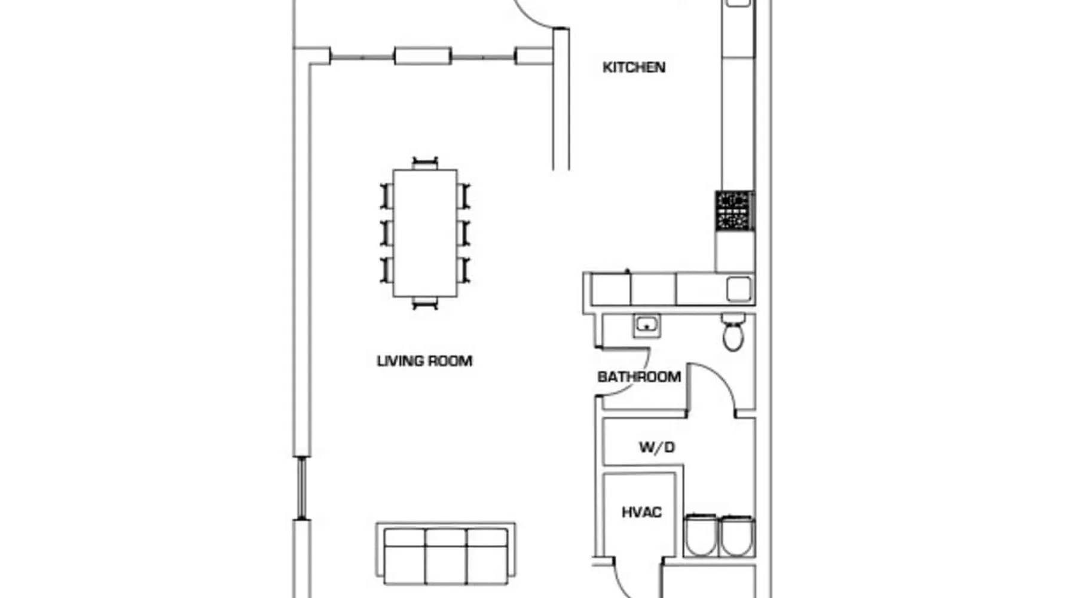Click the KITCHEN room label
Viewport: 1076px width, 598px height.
[634, 67]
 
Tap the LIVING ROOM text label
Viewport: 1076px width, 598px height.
[424, 361]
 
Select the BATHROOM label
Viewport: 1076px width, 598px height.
[639, 377]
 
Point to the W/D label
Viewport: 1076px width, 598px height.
[657, 447]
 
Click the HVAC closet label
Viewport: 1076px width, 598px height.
[641, 512]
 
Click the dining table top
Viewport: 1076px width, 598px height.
[425, 233]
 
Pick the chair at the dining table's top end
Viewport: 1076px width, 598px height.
[425, 163]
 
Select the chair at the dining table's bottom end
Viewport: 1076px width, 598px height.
[425, 303]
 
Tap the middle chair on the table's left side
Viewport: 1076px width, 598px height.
[387, 233]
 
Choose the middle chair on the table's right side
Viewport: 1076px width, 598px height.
[464, 233]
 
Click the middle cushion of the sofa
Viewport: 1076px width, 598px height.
[445, 556]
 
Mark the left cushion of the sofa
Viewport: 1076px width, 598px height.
[405, 556]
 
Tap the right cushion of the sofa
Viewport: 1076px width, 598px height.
[487, 556]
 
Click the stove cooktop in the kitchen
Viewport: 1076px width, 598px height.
[735, 211]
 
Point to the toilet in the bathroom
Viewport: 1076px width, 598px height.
[733, 332]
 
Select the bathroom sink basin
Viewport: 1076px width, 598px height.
[647, 325]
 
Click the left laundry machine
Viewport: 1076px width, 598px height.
[701, 535]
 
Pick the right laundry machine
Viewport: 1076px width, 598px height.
[738, 535]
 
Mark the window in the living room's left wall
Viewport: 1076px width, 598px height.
[302, 488]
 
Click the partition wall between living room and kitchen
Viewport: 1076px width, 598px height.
[561, 99]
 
